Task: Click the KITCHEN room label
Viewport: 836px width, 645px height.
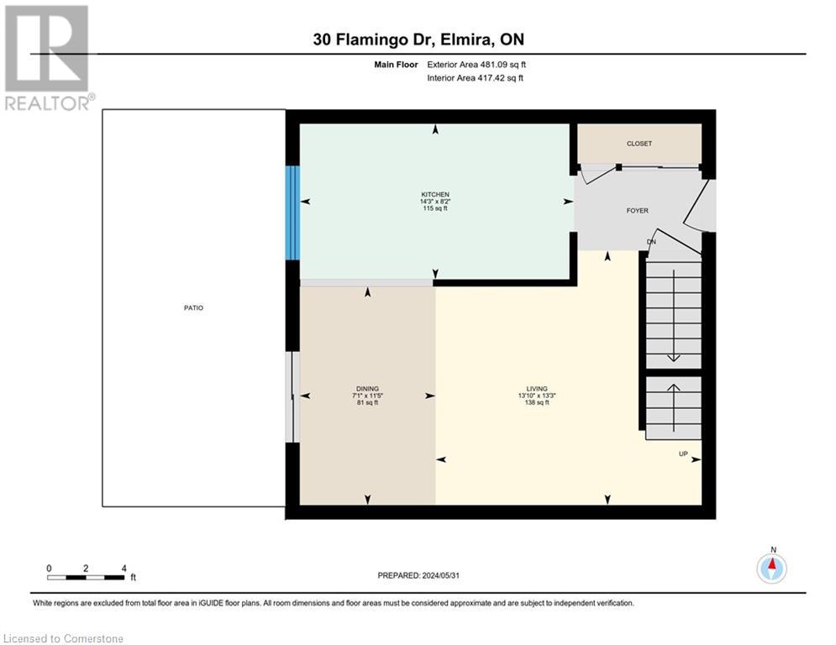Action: coord(434,194)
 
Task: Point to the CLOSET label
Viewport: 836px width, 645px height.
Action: coord(639,144)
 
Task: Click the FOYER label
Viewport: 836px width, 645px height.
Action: coord(637,211)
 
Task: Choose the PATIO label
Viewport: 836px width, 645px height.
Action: coord(193,308)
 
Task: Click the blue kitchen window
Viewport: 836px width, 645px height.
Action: coord(292,212)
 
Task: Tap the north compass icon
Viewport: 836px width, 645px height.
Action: coord(771,569)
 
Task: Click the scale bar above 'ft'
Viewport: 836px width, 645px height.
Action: coord(86,576)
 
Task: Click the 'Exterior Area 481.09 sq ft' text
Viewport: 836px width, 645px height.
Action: coord(476,64)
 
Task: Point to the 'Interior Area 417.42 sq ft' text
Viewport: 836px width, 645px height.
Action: coord(476,78)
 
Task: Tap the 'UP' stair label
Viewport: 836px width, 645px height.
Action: coord(684,454)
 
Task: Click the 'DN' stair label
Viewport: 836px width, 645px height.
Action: coord(650,243)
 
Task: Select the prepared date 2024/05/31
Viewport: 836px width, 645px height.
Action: coord(418,575)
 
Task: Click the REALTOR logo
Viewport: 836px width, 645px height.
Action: coord(47,57)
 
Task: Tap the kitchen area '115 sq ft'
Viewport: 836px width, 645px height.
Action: coord(434,208)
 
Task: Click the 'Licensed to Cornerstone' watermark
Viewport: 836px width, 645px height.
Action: coord(64,638)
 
